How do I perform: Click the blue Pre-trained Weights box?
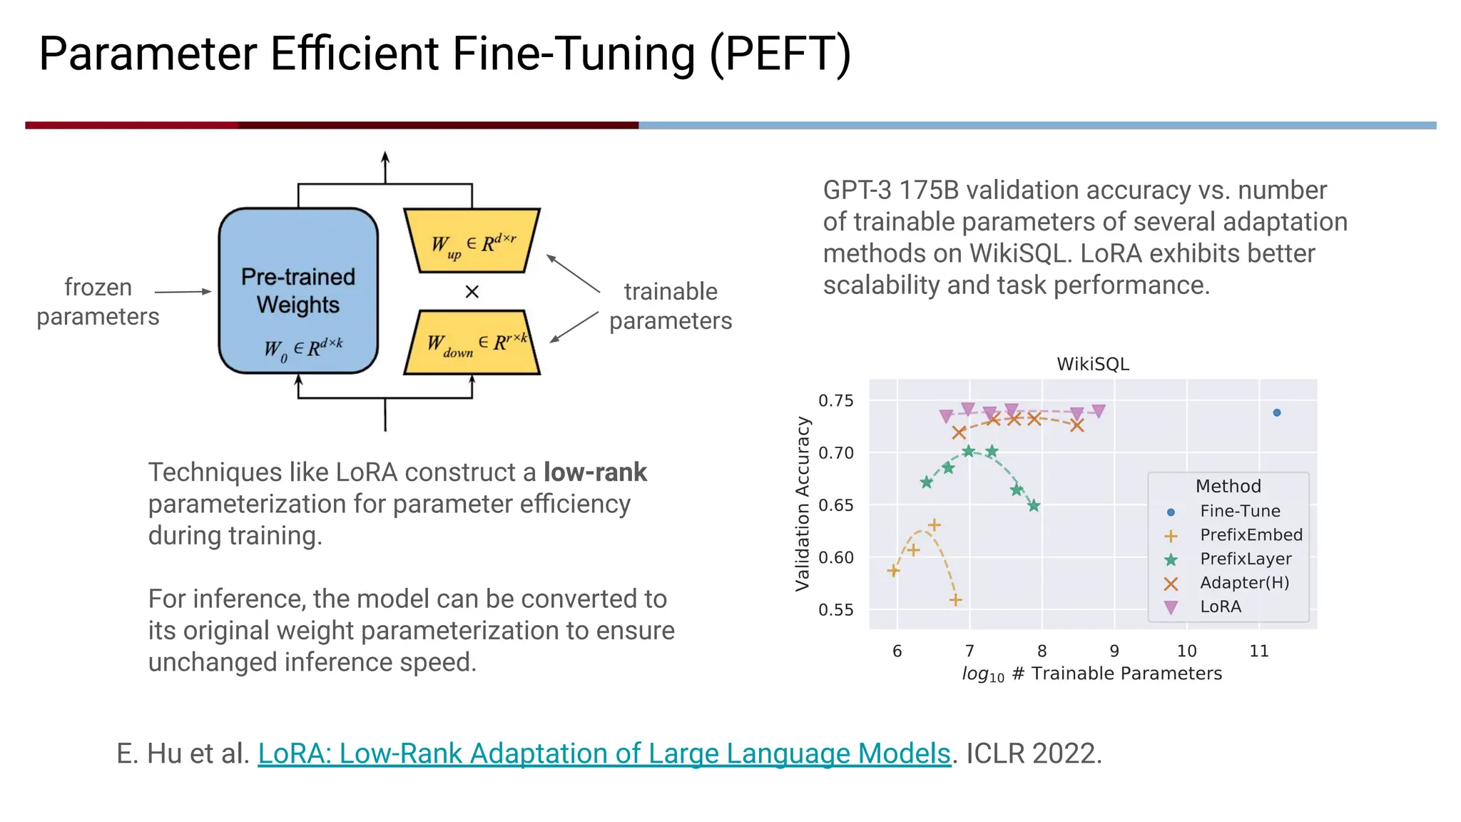298,291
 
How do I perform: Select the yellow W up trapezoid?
472,241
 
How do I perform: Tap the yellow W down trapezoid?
472,342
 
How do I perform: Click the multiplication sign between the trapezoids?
472,292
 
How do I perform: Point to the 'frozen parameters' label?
98,302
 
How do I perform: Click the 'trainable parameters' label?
670,306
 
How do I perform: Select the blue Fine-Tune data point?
1277,412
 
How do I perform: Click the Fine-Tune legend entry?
1239,511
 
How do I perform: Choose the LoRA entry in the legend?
1220,607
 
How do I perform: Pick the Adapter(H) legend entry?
1243,583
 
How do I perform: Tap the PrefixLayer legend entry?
1245,559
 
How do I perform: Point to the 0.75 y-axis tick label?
835,401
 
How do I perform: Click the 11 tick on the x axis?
1259,651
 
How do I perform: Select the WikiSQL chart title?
1092,365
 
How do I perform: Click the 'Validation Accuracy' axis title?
803,504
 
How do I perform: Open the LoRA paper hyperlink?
604,753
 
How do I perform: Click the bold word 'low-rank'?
595,472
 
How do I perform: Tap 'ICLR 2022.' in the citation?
1034,753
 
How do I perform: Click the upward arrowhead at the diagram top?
385,157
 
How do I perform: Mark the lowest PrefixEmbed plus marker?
956,600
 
